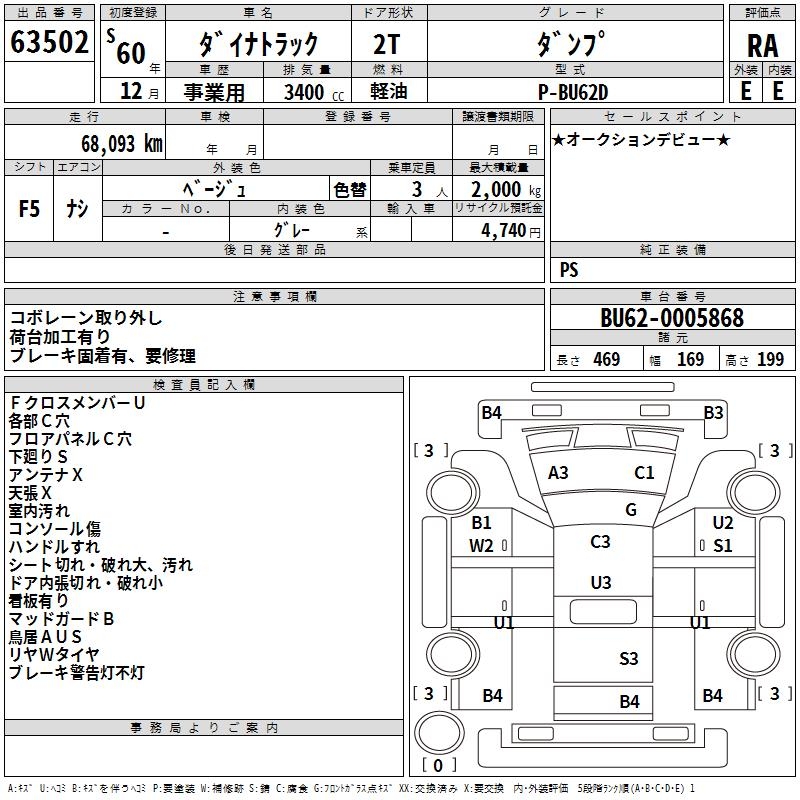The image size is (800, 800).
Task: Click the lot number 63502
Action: [x=49, y=43]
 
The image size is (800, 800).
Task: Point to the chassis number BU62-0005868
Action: [x=672, y=318]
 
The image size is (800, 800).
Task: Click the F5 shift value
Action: [x=30, y=209]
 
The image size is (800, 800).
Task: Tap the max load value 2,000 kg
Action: [x=499, y=189]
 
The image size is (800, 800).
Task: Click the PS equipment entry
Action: [x=569, y=270]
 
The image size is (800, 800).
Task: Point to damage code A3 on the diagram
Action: [x=558, y=473]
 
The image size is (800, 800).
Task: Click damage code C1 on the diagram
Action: [x=644, y=473]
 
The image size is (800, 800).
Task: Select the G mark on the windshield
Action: [x=631, y=510]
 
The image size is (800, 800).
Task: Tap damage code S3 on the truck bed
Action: [x=628, y=658]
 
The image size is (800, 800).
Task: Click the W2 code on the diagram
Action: [x=481, y=545]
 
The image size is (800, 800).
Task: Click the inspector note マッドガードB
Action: [x=61, y=619]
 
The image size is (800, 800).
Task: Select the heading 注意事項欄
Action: [x=275, y=297]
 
